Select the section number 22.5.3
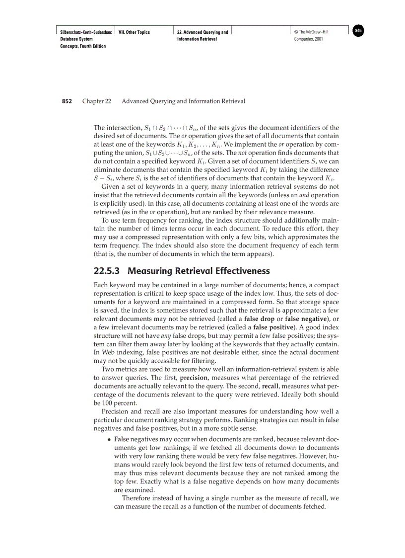108,271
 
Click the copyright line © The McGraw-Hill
311,32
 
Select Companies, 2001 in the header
309,39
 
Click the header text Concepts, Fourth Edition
83,46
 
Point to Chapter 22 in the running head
97,101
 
